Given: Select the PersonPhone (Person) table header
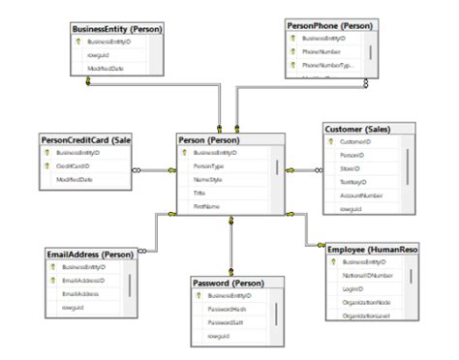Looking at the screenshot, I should (330, 24).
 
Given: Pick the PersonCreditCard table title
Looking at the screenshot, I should (85, 139).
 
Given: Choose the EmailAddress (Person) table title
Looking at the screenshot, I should (90, 254).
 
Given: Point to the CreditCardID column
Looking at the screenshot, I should (74, 166).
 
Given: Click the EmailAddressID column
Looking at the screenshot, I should (83, 281).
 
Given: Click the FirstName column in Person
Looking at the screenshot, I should (207, 206).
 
